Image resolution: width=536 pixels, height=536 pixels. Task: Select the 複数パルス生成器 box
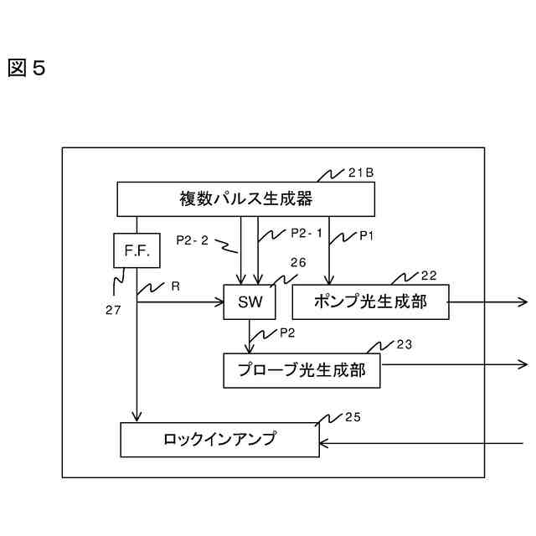click(245, 199)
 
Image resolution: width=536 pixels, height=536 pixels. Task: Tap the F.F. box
click(130, 250)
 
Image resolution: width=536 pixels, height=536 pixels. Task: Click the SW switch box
click(250, 301)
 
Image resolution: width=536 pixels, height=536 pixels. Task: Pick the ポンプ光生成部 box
click(370, 301)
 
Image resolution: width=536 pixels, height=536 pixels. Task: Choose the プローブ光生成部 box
click(301, 370)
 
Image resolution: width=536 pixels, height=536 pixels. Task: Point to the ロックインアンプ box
click(219, 439)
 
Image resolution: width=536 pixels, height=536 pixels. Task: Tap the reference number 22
click(428, 276)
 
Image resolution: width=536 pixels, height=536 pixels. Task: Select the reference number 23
click(404, 343)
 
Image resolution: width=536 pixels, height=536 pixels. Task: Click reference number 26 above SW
click(298, 263)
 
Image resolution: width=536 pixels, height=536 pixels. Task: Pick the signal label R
click(175, 286)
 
